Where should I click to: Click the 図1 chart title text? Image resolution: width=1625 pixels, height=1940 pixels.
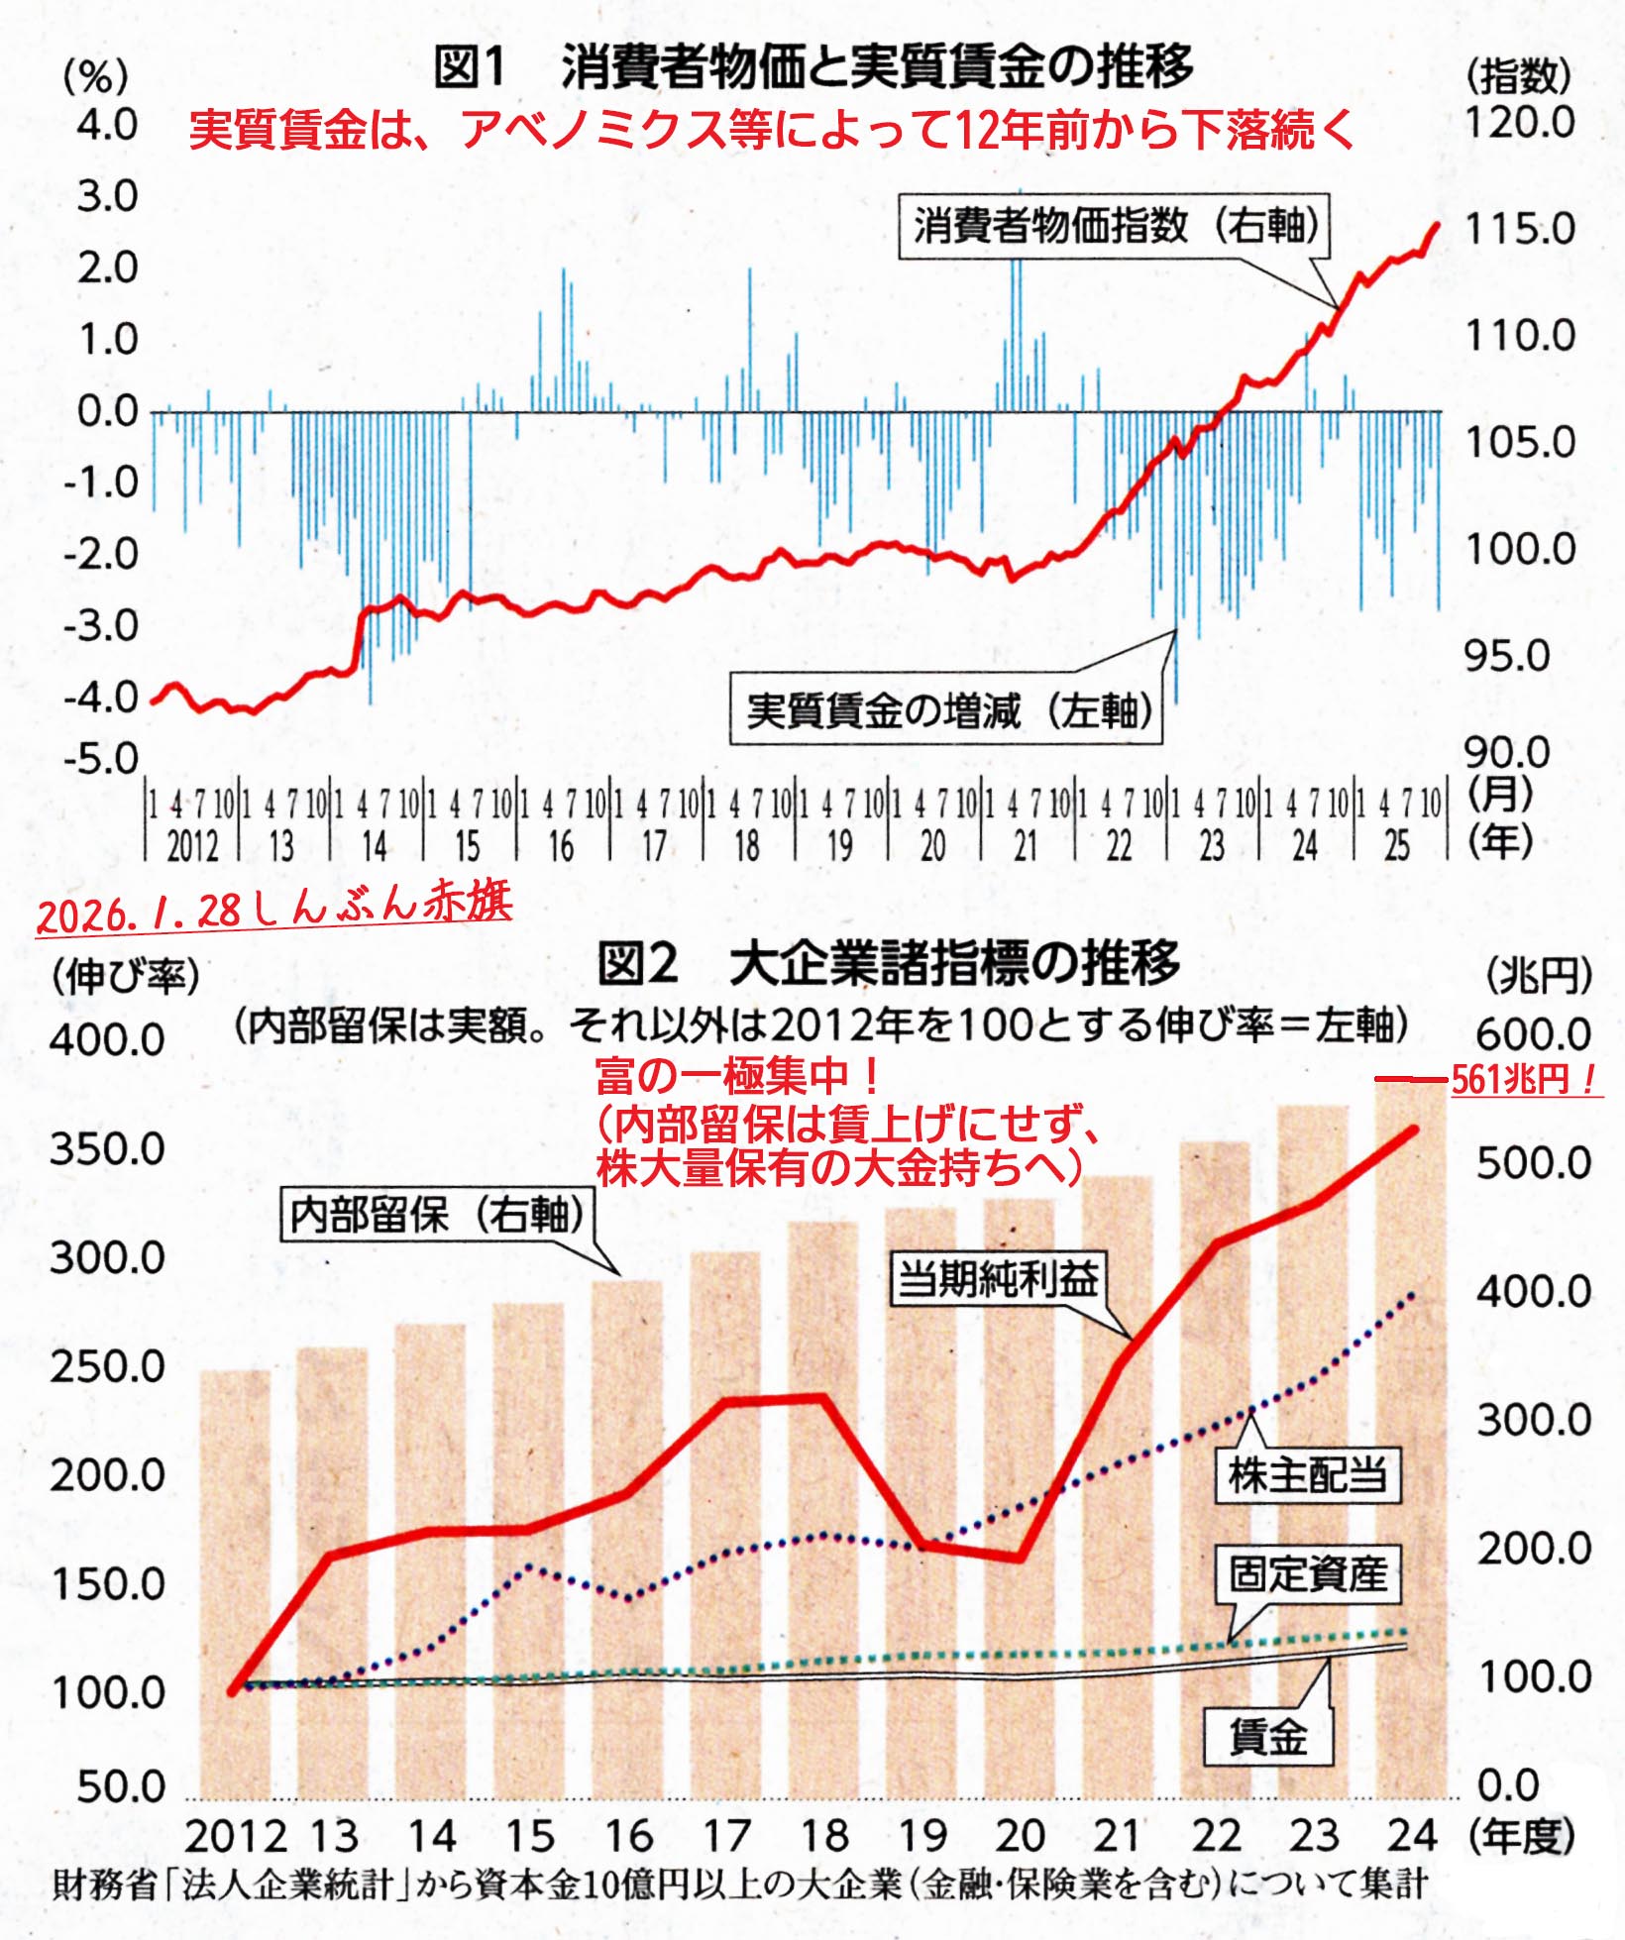812,67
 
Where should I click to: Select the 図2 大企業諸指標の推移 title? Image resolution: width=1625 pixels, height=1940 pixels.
888,963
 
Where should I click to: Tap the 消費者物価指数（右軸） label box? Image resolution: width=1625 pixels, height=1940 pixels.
1114,228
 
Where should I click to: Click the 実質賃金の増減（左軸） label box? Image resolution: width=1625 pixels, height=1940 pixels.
946,709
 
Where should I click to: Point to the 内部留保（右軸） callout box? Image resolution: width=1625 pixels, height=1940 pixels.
437,1215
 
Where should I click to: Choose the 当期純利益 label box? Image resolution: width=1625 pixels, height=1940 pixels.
996,1279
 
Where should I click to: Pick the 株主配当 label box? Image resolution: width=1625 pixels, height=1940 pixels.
1307,1476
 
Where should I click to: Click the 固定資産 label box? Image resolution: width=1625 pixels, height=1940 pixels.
1308,1573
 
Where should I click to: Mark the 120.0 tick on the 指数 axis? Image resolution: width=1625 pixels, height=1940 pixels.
1519,123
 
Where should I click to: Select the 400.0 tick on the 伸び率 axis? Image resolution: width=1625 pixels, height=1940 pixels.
107,1040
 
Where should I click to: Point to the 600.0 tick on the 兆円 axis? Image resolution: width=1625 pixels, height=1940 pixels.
1533,1034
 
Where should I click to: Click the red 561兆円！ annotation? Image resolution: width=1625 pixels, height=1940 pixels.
1524,1079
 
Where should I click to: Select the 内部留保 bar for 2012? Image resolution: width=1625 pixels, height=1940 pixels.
235,1585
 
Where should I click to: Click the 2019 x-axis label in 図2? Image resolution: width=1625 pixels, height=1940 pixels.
922,1836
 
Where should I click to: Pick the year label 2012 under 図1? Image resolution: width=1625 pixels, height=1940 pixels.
192,846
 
